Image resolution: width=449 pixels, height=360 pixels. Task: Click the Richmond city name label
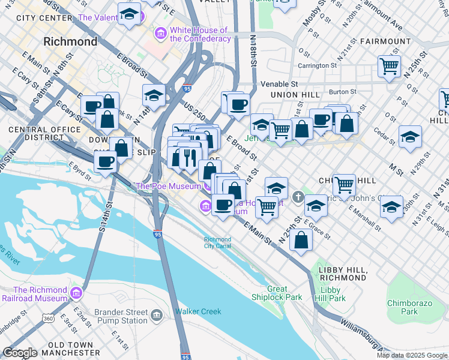pos(71,42)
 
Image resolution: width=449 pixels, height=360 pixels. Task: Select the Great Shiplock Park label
pos(285,293)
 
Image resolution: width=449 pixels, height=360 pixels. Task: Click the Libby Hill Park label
pos(333,294)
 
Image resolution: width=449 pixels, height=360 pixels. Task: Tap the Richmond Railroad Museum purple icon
pos(76,293)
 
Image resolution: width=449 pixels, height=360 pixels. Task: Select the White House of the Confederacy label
pos(200,34)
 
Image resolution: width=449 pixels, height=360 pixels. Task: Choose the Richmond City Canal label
pos(217,242)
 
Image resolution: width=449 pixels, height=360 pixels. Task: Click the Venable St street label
pos(278,85)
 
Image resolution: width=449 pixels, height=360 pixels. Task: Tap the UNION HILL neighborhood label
pos(295,95)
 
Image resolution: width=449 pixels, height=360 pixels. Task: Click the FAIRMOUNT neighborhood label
pos(385,41)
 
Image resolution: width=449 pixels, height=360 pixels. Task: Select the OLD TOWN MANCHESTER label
pos(70,349)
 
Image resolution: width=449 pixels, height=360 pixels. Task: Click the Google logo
pos(20,353)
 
